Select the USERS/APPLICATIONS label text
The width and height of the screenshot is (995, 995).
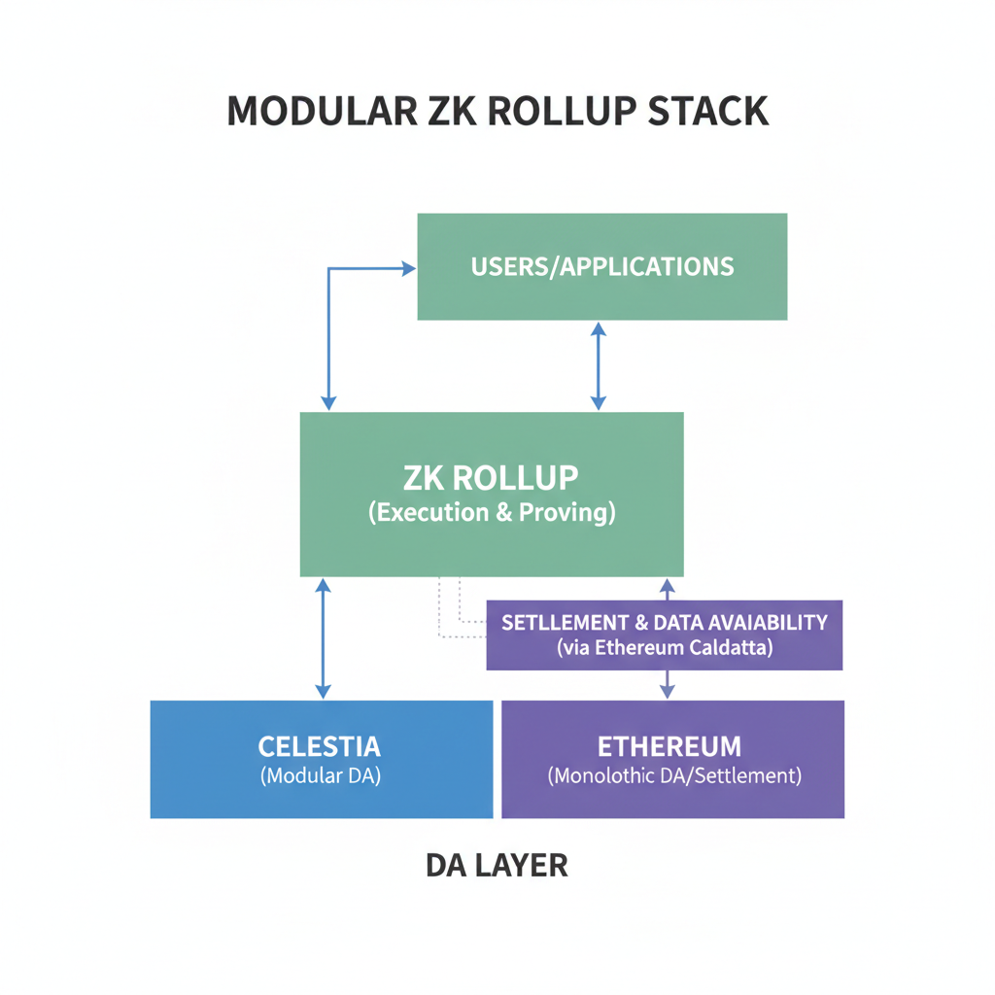pyautogui.click(x=601, y=266)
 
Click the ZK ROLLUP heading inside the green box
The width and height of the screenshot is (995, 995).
pyautogui.click(x=491, y=477)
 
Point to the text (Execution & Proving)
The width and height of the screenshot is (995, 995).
pyautogui.click(x=491, y=513)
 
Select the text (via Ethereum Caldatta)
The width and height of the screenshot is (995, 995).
pyautogui.click(x=665, y=648)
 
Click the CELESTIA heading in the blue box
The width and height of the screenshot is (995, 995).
pyautogui.click(x=320, y=746)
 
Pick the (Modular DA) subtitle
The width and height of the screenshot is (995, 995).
pyautogui.click(x=320, y=776)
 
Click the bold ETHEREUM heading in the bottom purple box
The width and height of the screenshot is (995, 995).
pyautogui.click(x=669, y=746)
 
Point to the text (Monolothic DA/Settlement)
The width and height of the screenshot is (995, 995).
pyautogui.click(x=673, y=776)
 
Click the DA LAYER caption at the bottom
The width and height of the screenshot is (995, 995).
pyautogui.click(x=497, y=865)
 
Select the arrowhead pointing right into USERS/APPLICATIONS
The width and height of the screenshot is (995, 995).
pyautogui.click(x=408, y=268)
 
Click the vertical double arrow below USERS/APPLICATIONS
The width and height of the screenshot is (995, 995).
pyautogui.click(x=599, y=365)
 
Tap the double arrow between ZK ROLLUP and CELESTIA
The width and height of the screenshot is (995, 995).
pyautogui.click(x=324, y=638)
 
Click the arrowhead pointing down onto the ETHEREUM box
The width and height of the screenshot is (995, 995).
pyautogui.click(x=667, y=691)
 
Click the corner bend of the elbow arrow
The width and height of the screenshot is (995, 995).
pyautogui.click(x=329, y=269)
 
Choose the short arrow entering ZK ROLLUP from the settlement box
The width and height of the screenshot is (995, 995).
pyautogui.click(x=667, y=589)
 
